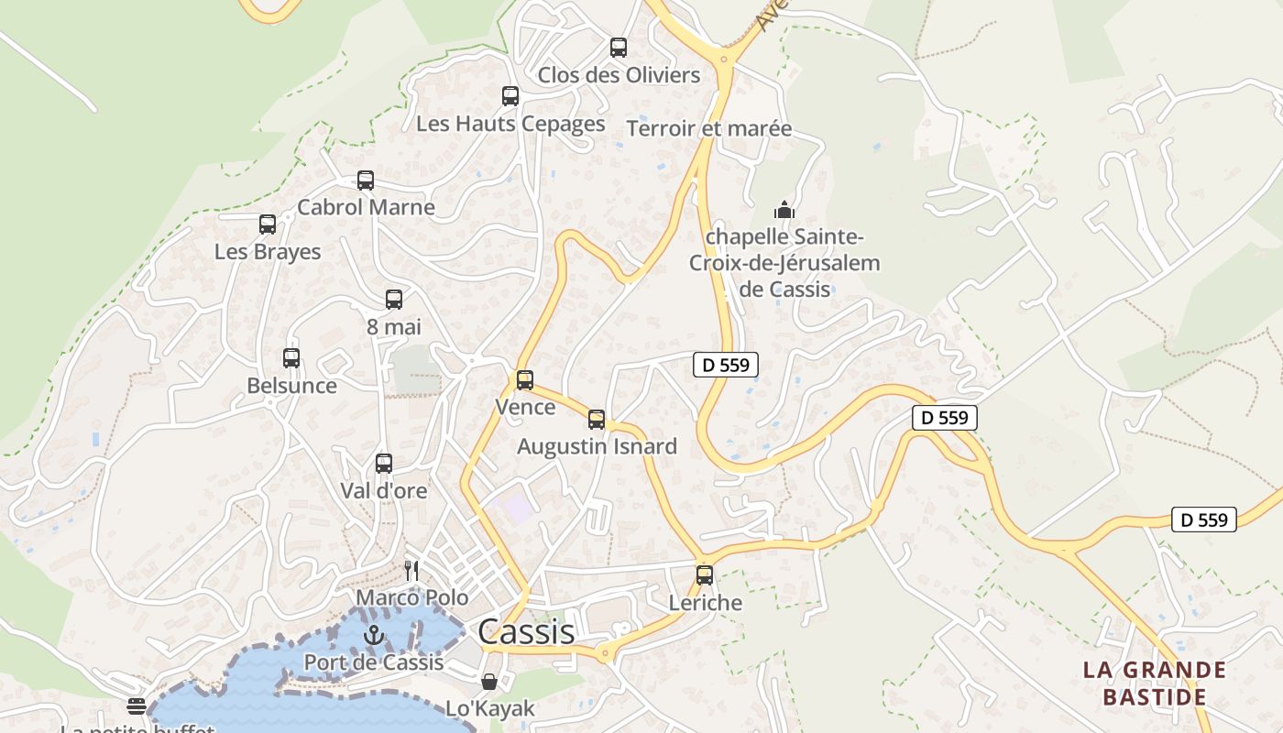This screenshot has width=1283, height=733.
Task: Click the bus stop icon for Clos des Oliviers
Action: point(619,48)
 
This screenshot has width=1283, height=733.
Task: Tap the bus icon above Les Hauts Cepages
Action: point(510,96)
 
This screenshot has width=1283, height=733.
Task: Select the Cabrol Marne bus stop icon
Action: point(366,181)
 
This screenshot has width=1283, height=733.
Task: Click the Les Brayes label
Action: point(268,252)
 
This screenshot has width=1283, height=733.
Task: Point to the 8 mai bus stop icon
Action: point(394,300)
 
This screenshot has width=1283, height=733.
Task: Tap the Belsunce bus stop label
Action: point(291,386)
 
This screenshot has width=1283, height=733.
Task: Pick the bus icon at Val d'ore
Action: point(384,464)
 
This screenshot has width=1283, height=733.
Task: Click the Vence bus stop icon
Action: point(525,380)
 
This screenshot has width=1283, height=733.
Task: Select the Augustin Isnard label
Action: point(597,446)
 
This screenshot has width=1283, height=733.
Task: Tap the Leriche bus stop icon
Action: point(705,575)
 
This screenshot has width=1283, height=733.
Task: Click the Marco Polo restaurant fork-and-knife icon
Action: point(411,571)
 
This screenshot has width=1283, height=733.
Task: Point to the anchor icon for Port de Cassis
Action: point(373,634)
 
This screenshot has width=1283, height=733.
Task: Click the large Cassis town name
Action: point(526,631)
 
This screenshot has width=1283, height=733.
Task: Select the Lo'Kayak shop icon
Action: point(489,682)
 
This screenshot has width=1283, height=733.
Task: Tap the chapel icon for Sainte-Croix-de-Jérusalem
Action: point(784,210)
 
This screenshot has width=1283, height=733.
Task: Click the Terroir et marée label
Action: point(708,128)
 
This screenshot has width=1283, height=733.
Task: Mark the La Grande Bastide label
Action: point(1154,683)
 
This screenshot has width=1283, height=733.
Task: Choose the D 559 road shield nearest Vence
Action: point(725,365)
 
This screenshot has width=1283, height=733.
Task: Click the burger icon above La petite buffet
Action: point(137,706)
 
